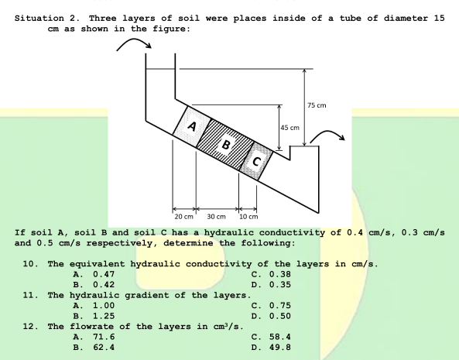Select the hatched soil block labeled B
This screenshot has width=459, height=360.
pos(226,142)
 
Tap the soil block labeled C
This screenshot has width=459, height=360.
pos(259,160)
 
